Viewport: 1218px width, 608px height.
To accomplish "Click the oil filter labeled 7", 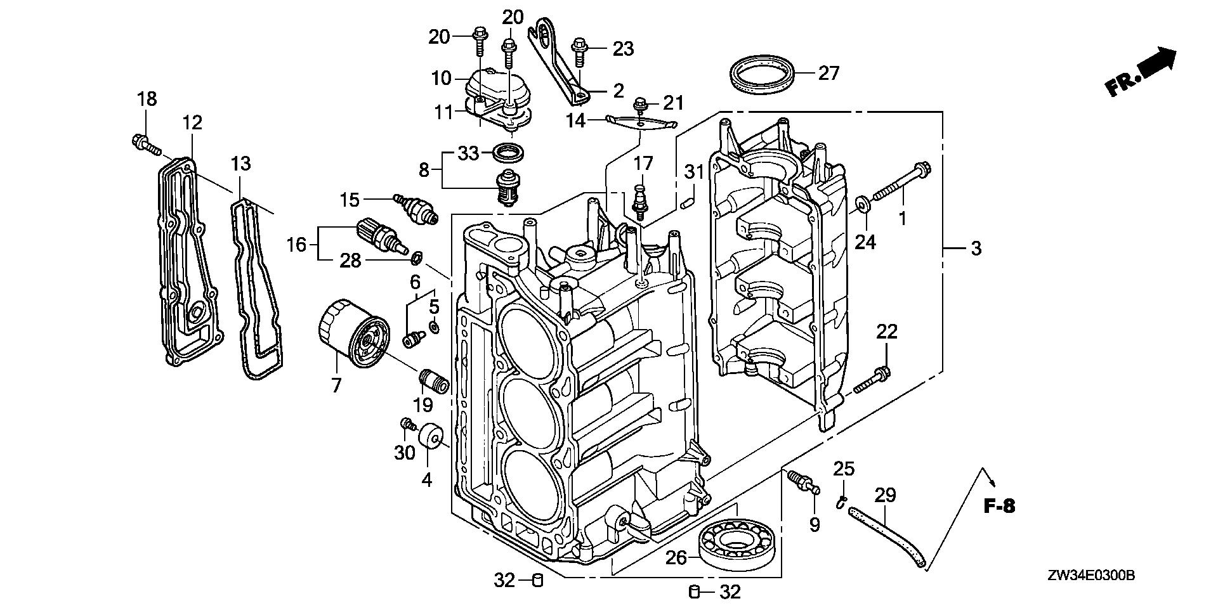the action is click(353, 335).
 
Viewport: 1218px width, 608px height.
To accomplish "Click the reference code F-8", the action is click(1000, 506).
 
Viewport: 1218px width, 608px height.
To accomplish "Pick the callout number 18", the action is click(147, 99).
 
